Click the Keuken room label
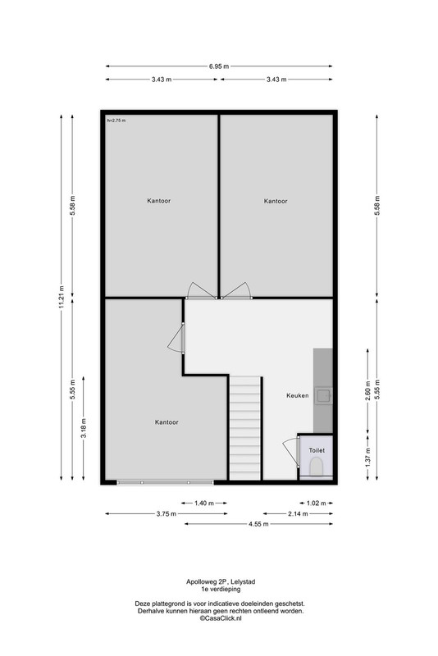(298, 395)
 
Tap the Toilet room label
(317, 450)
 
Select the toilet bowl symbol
(317, 466)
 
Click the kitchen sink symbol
(323, 395)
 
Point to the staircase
(245, 428)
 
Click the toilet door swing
(290, 452)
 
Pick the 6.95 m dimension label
(219, 66)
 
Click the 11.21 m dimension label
(62, 297)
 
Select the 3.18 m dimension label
(84, 428)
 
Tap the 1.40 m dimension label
(204, 503)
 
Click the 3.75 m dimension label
(166, 514)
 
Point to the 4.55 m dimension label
(258, 524)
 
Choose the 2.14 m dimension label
(298, 514)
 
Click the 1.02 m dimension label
(317, 503)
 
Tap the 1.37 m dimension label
(367, 458)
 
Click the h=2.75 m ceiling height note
(116, 121)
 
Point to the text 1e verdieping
(221, 589)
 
